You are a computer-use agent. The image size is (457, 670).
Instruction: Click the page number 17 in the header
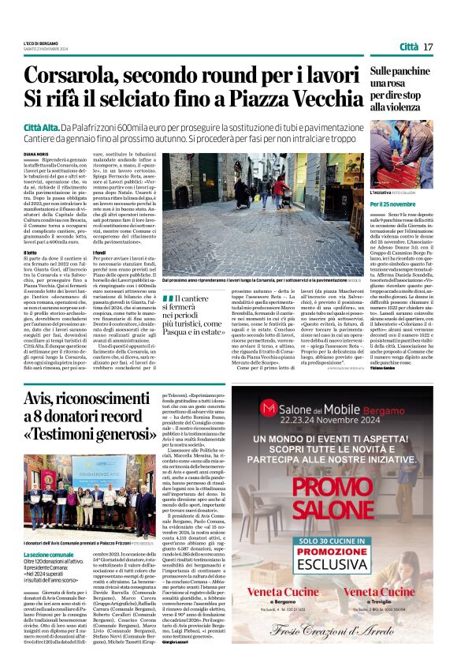pyautogui.click(x=429, y=47)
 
